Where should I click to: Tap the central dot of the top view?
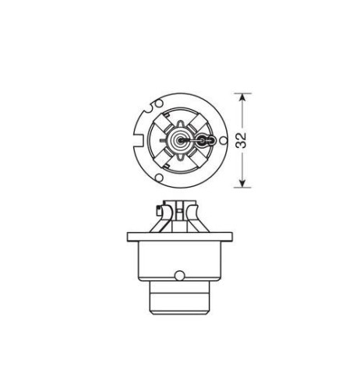181,141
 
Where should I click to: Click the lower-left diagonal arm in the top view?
166,159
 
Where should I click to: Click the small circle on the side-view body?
180,275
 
